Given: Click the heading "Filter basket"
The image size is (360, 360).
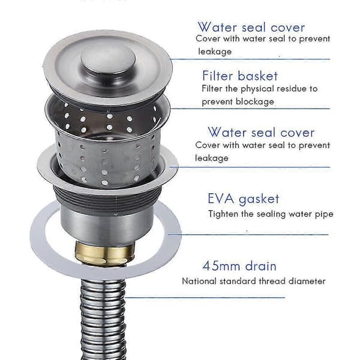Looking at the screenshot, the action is pos(240,76).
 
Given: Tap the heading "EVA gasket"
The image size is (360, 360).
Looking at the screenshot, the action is pos(244,199).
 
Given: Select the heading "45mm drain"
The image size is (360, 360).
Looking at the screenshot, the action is pos(239,266).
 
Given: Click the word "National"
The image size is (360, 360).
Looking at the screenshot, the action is pos(199,281).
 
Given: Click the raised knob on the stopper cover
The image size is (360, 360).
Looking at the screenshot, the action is pos(108,59).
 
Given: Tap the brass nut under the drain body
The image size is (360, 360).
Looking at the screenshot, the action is pos(104,253).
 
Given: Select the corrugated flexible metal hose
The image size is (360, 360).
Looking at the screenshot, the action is pos(103,319).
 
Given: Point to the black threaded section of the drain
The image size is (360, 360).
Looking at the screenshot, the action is pos(107,199).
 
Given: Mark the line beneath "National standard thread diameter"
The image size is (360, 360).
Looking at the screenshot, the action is pos(205,298).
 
